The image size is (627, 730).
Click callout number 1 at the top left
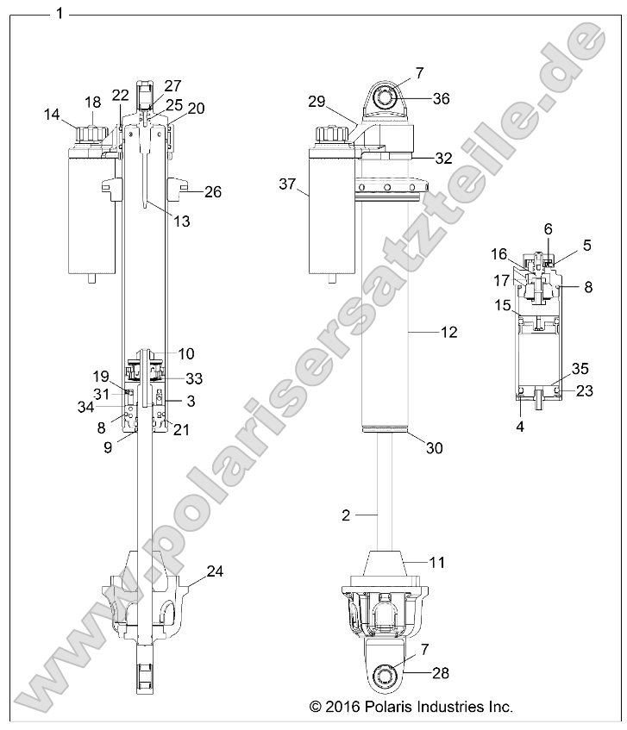(59, 13)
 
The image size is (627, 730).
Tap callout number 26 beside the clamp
(212, 192)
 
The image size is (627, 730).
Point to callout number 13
(181, 221)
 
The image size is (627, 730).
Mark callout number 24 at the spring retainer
(216, 571)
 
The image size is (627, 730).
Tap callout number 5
(586, 245)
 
